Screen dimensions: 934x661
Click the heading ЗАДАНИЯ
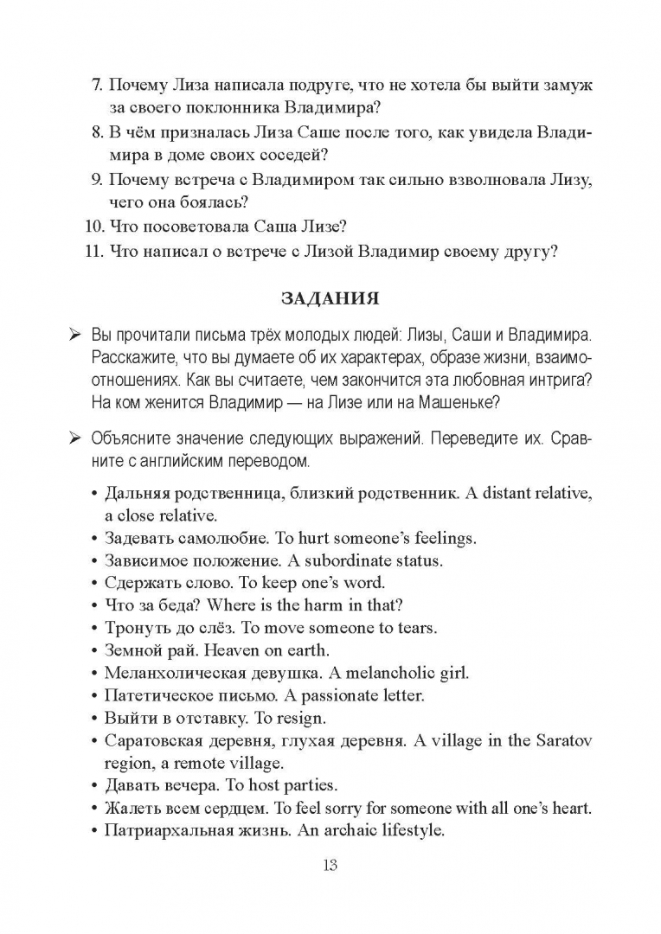[x=330, y=299]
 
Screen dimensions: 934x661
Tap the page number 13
[x=330, y=866]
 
